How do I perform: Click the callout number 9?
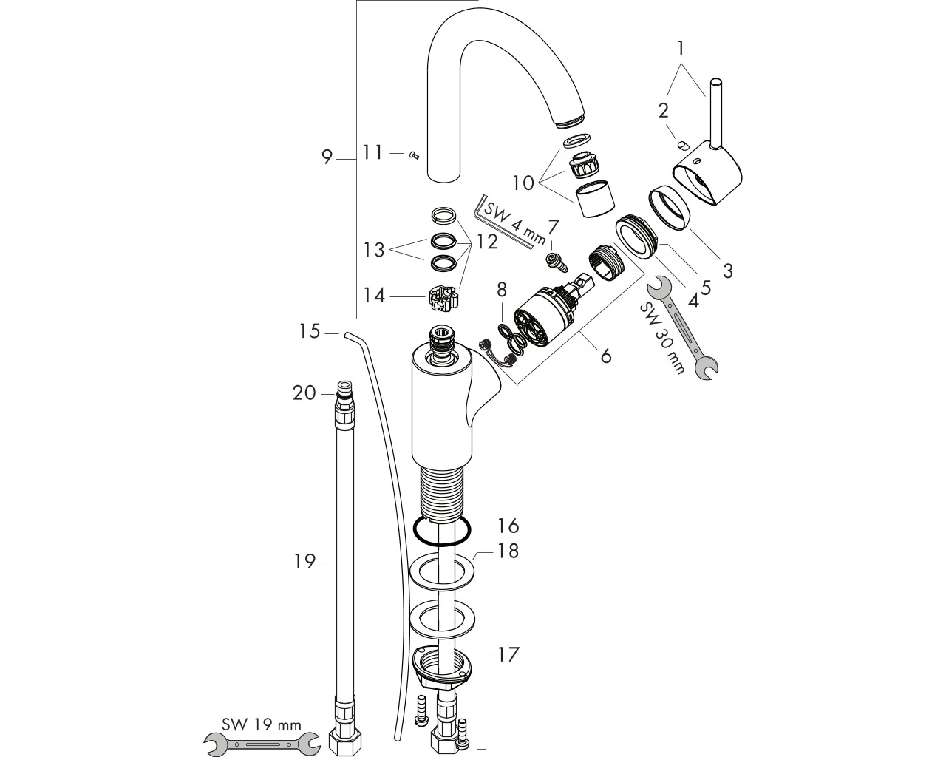(x=327, y=157)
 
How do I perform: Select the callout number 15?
(x=310, y=331)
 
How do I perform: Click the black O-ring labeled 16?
(x=442, y=532)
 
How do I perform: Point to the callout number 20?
(x=304, y=393)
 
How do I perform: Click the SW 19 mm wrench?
(x=262, y=744)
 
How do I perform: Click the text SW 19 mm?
(x=262, y=724)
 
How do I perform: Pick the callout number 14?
(x=374, y=296)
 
